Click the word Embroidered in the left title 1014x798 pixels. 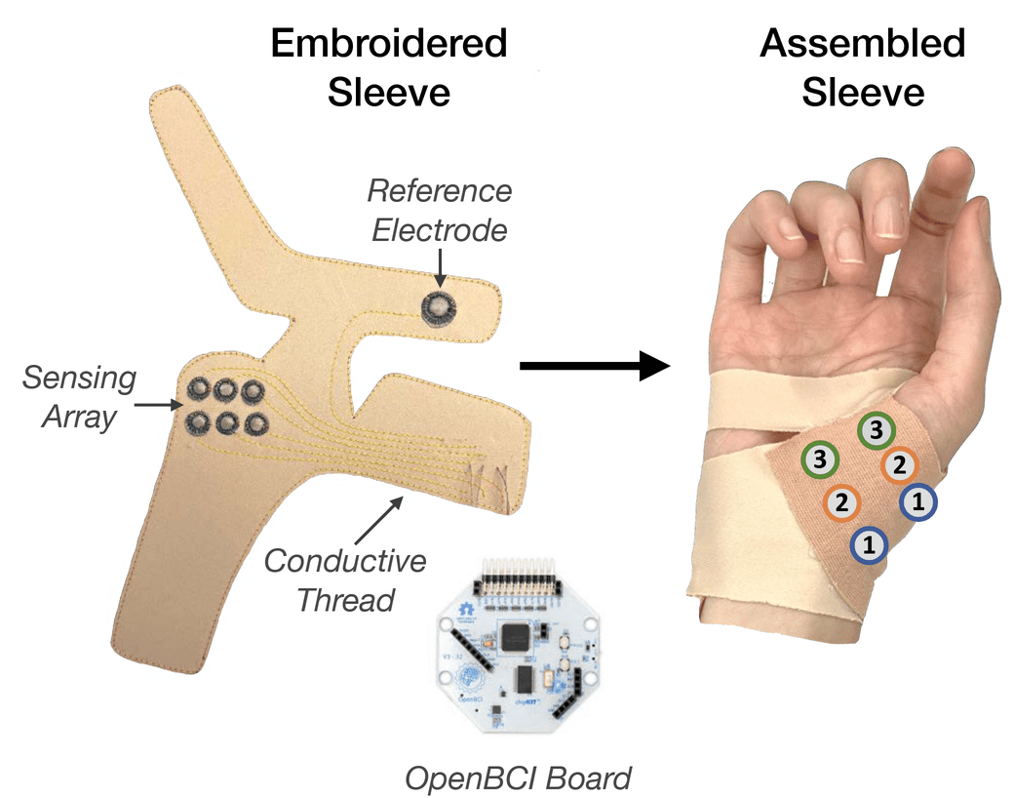(389, 44)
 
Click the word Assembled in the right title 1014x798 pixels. (863, 44)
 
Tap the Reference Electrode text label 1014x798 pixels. (439, 210)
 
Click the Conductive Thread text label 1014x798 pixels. (345, 579)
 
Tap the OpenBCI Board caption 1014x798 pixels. (518, 778)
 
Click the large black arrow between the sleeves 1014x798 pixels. (595, 367)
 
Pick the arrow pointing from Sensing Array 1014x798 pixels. (159, 402)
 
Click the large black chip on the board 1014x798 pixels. (513, 639)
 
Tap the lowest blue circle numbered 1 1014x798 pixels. (871, 544)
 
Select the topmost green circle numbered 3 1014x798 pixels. (876, 428)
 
